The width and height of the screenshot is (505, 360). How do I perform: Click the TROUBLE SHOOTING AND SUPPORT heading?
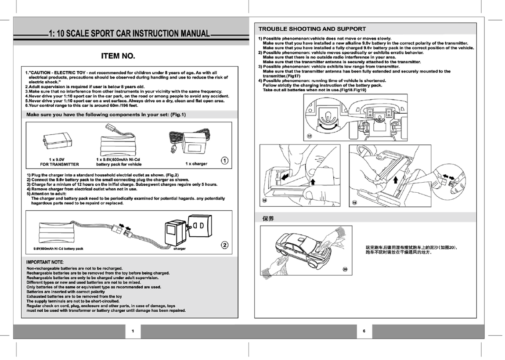[x=312, y=29]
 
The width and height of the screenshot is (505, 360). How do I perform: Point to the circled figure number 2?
[x=224, y=245]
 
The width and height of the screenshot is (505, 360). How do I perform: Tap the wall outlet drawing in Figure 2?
[x=200, y=227]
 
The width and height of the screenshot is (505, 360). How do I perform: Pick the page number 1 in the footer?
[x=132, y=331]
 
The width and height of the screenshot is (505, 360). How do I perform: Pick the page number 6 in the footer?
[x=364, y=331]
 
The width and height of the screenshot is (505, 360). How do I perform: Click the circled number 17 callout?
[x=309, y=136]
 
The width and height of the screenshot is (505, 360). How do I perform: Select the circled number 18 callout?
[x=264, y=200]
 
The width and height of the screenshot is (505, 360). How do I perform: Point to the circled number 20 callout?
[x=344, y=268]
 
